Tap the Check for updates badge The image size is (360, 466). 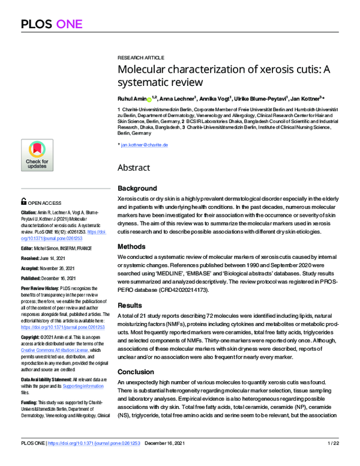click(37, 155)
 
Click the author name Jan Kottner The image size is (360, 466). click(305, 97)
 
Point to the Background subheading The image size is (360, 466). click(137, 189)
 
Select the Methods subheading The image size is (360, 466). click(131, 246)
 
